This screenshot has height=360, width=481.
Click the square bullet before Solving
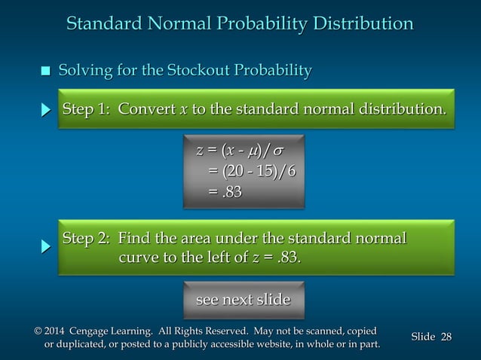tap(45, 72)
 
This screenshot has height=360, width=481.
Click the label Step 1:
tap(87, 110)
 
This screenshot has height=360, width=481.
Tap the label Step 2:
tap(87, 239)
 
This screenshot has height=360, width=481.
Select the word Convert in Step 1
tap(146, 110)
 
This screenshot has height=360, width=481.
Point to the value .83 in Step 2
tap(288, 258)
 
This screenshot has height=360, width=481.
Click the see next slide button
tap(243, 300)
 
